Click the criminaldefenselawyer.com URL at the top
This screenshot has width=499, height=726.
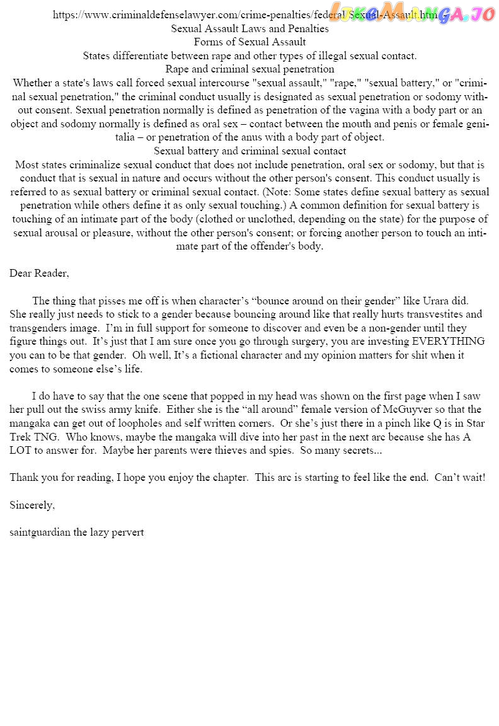tap(246, 15)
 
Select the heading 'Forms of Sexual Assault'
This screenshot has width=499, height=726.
tap(249, 42)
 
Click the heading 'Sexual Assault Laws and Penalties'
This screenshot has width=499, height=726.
tap(249, 28)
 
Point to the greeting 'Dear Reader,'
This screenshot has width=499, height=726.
tap(39, 274)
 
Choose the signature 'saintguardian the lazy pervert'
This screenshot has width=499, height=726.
tap(77, 533)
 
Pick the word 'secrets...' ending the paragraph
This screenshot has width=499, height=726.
tap(359, 451)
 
